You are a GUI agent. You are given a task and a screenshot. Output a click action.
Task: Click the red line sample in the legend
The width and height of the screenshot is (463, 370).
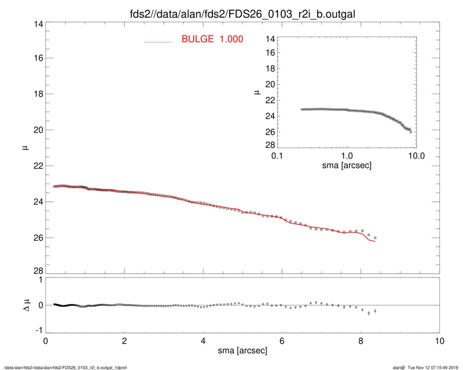pyautogui.click(x=158, y=41)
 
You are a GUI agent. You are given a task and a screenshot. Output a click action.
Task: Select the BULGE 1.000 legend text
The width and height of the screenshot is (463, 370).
pyautogui.click(x=212, y=39)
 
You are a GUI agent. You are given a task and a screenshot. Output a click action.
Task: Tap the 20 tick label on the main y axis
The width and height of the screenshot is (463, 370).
pyautogui.click(x=38, y=130)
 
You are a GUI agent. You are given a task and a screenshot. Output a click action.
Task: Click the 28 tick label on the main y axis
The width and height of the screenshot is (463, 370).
pyautogui.click(x=38, y=271)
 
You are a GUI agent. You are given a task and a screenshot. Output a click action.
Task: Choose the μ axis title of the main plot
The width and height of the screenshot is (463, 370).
pyautogui.click(x=24, y=148)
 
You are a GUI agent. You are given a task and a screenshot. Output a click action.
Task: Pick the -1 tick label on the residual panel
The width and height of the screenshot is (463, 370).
pyautogui.click(x=38, y=331)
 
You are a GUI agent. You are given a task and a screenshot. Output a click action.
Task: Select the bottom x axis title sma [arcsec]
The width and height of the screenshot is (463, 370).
pyautogui.click(x=242, y=351)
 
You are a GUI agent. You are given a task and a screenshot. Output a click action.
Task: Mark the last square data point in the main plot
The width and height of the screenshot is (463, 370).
pyautogui.click(x=375, y=238)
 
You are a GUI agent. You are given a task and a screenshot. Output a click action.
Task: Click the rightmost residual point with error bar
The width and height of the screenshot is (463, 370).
pyautogui.click(x=375, y=311)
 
